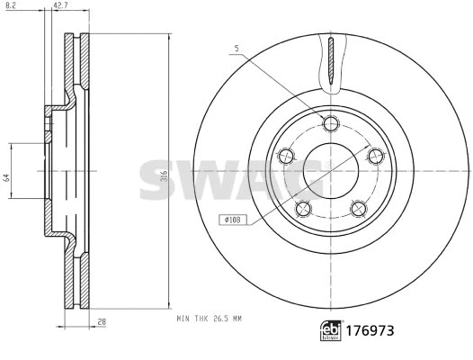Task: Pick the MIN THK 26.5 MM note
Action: pos(209,318)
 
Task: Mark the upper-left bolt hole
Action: pos(288,155)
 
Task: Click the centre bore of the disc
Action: pos(330,169)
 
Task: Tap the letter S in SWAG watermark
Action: pos(158,181)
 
